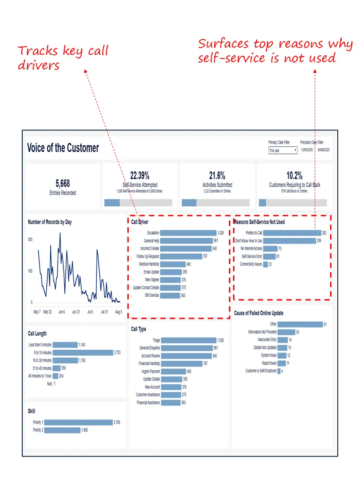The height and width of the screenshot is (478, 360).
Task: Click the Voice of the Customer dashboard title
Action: coord(63,148)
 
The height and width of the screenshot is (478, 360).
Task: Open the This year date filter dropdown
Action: coord(282,150)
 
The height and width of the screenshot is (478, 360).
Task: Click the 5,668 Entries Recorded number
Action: coord(63,183)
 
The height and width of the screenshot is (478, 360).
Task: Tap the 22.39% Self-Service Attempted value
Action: coord(140,176)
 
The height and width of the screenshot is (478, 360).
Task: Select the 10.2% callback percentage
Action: coord(295,176)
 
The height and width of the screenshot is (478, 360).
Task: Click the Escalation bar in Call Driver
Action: coord(188,233)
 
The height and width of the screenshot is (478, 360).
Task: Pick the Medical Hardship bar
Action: coord(173,264)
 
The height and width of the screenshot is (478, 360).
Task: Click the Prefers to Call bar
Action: coord(292,233)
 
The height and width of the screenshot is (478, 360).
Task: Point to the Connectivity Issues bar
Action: coord(265,264)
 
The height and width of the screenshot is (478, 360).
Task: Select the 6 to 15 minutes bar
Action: coord(83,352)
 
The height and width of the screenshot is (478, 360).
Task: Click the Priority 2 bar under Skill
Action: coord(62,430)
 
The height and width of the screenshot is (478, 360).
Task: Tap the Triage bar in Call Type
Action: coord(188,340)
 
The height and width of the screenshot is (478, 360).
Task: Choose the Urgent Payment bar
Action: coord(173,372)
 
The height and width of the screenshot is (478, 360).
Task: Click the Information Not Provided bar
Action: coord(286,332)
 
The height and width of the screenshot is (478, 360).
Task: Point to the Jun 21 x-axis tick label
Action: coord(76,312)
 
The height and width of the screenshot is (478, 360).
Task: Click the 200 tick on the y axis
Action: coord(30,239)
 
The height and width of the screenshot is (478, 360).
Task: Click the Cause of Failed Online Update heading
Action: coord(258,313)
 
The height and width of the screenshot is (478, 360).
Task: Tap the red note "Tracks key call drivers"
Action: coord(63,58)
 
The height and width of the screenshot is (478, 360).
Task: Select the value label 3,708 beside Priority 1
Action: coord(119,422)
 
